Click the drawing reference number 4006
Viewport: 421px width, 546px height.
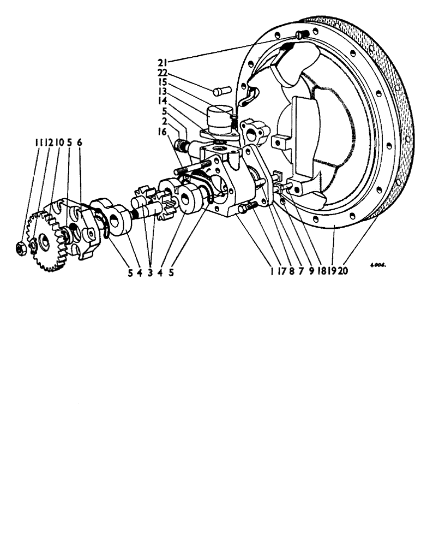pos(377,265)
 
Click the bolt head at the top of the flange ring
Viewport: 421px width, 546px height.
pos(301,34)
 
